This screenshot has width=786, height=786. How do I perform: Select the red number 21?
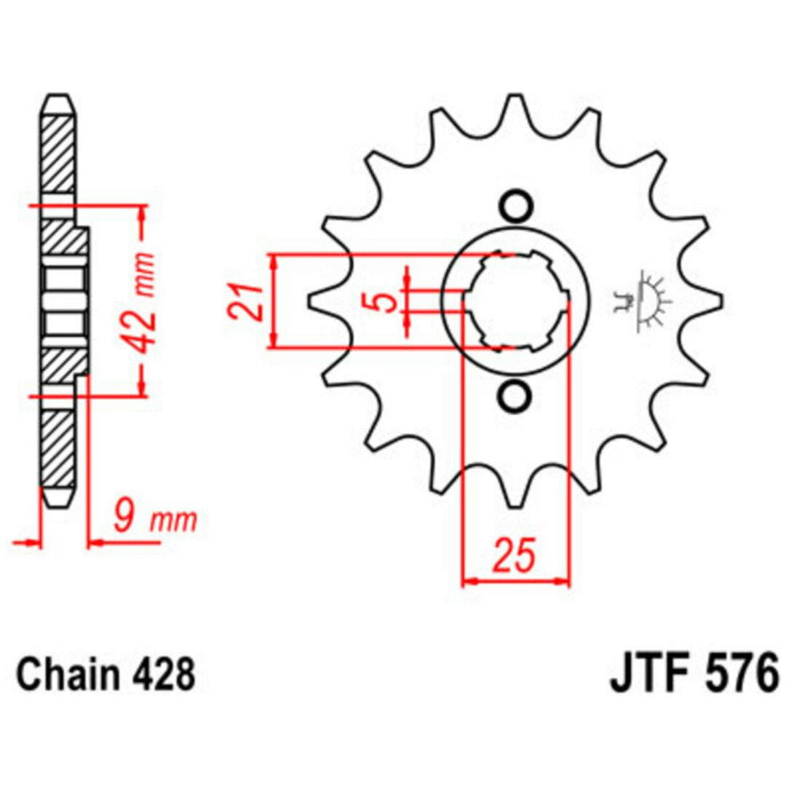click(x=245, y=302)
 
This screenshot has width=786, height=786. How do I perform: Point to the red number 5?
click(x=386, y=301)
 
